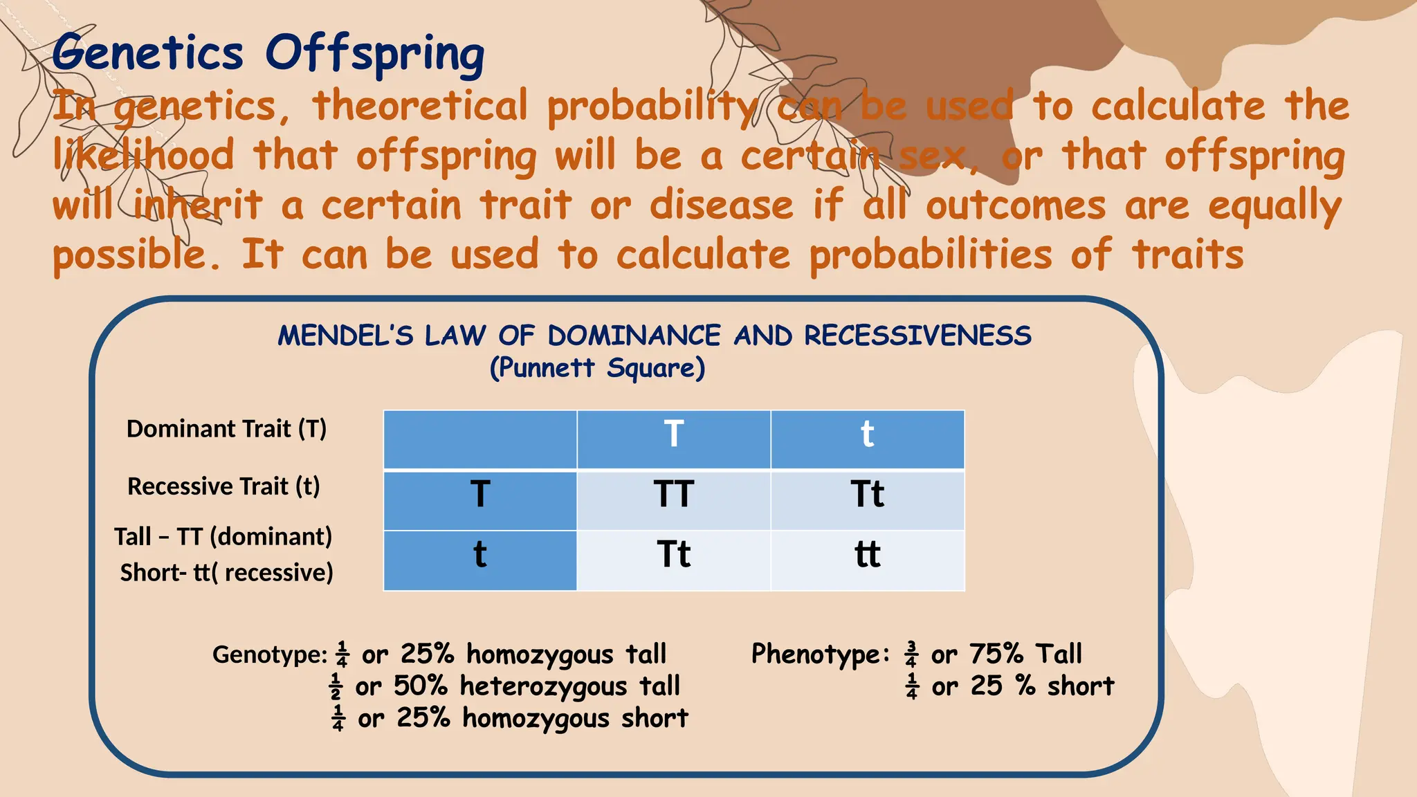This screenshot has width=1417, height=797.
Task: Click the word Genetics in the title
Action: coord(147,53)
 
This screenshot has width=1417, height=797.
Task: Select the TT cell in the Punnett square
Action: coord(674,495)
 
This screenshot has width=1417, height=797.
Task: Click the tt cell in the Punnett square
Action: coord(867,554)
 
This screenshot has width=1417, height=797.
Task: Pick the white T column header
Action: coord(674,434)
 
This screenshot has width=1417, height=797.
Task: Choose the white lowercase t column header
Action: coord(867,434)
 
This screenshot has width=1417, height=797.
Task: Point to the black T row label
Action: coord(480,495)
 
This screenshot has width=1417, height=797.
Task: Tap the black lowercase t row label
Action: coord(480,554)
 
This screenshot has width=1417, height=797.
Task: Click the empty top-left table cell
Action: coord(480,439)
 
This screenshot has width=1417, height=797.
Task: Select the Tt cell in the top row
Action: coord(867,495)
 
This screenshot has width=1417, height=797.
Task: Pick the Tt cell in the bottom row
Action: coord(674,554)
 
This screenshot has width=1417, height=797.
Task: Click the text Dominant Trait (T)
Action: coord(226,429)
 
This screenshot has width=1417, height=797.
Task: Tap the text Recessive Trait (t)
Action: coord(223,486)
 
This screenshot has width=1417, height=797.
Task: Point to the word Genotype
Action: coord(269,654)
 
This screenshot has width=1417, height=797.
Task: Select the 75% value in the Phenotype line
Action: coord(996,654)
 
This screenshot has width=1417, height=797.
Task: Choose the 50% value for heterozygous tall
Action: coord(420,686)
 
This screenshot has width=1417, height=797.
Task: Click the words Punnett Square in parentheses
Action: coord(597,368)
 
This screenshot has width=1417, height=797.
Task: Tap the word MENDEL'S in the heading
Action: coord(345,336)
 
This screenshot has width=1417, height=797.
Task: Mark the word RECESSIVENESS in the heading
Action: coord(917,336)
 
